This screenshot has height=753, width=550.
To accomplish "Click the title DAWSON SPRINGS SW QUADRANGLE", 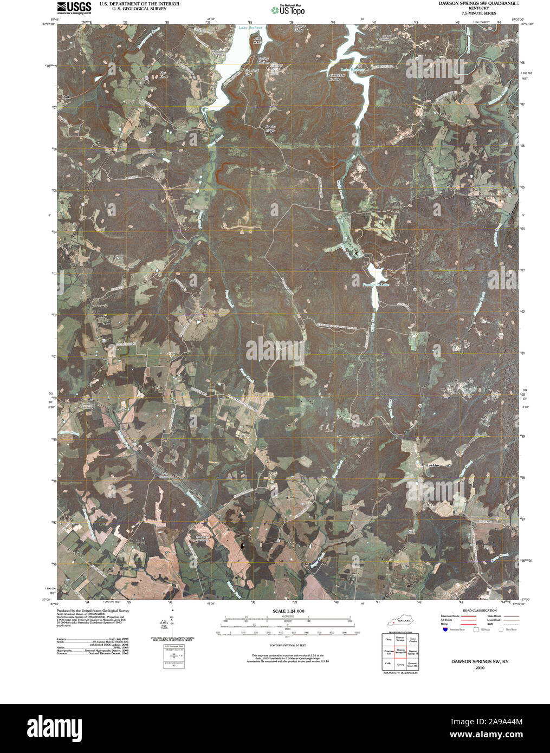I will pyautogui.click(x=478, y=3).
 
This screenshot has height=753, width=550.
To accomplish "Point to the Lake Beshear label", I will pyautogui.click(x=251, y=27).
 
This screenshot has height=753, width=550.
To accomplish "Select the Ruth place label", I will pyautogui.click(x=66, y=97).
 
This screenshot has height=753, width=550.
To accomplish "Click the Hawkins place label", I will pyautogui.click(x=432, y=465).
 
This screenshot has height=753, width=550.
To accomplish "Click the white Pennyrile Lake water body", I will pyautogui.click(x=374, y=293).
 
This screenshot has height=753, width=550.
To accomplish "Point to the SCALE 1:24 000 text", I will pyautogui.click(x=288, y=611).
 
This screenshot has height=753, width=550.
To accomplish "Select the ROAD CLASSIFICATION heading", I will pyautogui.click(x=476, y=611).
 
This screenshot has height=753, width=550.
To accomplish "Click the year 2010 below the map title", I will pyautogui.click(x=480, y=668).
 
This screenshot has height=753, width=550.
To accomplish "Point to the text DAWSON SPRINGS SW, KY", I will pyautogui.click(x=480, y=662).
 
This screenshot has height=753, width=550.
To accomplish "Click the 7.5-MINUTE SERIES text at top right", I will pyautogui.click(x=478, y=13).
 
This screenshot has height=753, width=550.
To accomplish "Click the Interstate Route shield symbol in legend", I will pyautogui.click(x=445, y=629).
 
